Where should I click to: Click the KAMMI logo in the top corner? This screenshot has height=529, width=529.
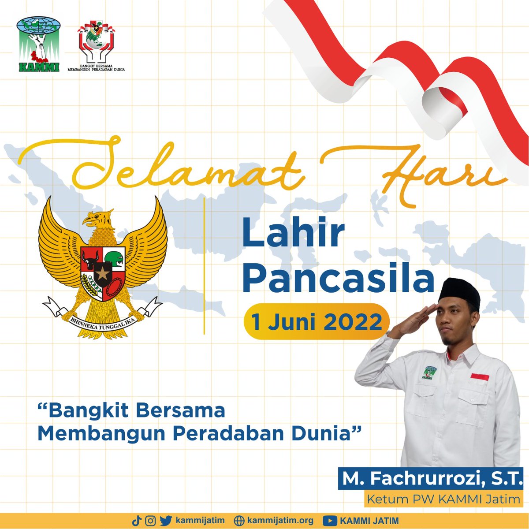pyautogui.click(x=38, y=45)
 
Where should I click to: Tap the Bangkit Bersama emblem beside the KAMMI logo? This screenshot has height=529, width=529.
pyautogui.click(x=96, y=44)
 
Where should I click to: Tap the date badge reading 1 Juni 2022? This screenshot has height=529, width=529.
pyautogui.click(x=317, y=321)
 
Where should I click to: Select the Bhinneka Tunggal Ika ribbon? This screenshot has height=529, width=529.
pyautogui.click(x=103, y=316)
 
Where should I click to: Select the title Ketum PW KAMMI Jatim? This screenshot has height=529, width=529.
pyautogui.click(x=443, y=499)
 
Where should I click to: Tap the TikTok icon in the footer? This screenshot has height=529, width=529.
pyautogui.click(x=136, y=521)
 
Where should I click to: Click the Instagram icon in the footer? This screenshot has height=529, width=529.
pyautogui.click(x=151, y=521)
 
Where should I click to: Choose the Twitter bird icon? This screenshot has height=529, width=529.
pyautogui.click(x=166, y=521)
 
